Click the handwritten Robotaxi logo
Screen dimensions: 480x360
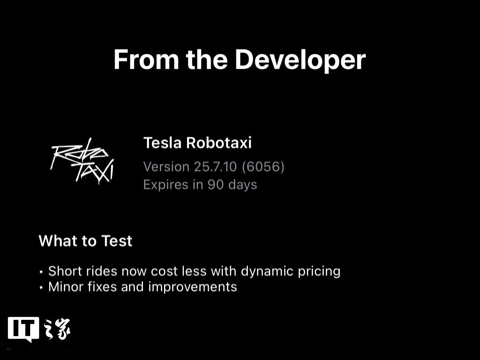(82, 161)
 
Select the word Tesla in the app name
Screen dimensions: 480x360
(162, 143)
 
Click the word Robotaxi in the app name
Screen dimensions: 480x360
(219, 143)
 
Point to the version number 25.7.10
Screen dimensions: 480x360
(215, 167)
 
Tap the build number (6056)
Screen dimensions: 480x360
(263, 167)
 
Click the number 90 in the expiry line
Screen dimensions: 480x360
(215, 185)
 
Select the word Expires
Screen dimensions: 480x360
(166, 185)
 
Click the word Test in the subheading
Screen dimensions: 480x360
(117, 241)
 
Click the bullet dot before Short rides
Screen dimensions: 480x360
(41, 272)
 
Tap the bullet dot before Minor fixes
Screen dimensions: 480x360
(41, 287)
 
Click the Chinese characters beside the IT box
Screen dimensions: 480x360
(57, 329)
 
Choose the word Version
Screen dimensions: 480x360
(166, 167)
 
